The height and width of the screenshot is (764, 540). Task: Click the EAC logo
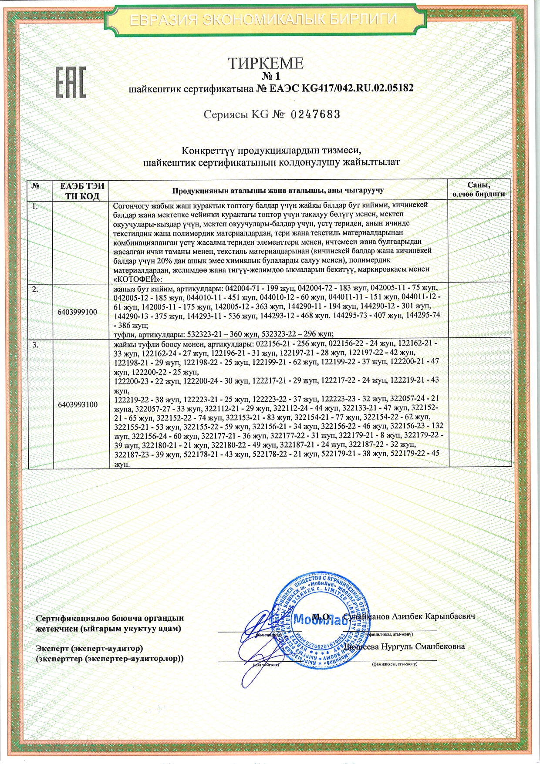(70, 82)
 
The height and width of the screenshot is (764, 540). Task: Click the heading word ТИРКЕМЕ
(266, 64)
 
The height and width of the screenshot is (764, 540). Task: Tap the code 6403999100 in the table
(78, 312)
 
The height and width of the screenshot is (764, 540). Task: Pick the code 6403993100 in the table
(78, 404)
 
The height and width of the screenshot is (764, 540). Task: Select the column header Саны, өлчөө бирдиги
(478, 190)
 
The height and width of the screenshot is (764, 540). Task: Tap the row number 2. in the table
(36, 289)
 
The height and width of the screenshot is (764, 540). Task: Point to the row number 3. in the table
(36, 344)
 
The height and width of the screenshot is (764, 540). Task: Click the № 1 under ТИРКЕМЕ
(266, 77)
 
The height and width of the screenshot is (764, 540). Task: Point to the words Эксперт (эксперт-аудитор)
(89, 648)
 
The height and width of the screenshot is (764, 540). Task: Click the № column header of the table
(36, 186)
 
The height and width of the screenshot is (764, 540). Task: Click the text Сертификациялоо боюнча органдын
(110, 618)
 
